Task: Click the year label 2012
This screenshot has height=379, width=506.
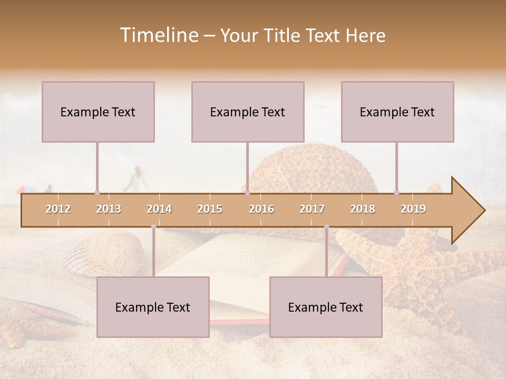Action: pyautogui.click(x=58, y=209)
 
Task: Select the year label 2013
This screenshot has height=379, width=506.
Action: pyautogui.click(x=109, y=209)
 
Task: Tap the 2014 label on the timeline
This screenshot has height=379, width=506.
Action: pyautogui.click(x=159, y=209)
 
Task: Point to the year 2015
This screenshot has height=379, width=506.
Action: pyautogui.click(x=210, y=209)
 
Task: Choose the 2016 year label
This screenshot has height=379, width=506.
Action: pyautogui.click(x=261, y=209)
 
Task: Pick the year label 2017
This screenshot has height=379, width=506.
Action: pyautogui.click(x=312, y=209)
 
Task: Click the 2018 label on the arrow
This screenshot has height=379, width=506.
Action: pyautogui.click(x=363, y=209)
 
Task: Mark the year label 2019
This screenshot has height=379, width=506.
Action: pyautogui.click(x=413, y=209)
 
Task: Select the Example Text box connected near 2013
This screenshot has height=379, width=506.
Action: pyautogui.click(x=98, y=112)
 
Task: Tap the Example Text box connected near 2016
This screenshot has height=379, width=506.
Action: pyautogui.click(x=248, y=112)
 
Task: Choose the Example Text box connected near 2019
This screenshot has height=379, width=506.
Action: pyautogui.click(x=397, y=112)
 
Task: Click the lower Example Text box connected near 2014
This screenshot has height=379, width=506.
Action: pyautogui.click(x=153, y=307)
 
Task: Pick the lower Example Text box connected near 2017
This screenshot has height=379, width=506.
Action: pyautogui.click(x=326, y=307)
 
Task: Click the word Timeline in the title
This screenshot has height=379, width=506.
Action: pyautogui.click(x=158, y=35)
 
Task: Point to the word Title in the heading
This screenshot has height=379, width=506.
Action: pyautogui.click(x=285, y=35)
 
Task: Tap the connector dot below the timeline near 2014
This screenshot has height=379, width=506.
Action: pyautogui.click(x=153, y=226)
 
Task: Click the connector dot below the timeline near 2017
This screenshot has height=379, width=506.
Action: pyautogui.click(x=326, y=226)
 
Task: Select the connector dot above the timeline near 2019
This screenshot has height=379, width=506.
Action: pyautogui.click(x=397, y=193)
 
